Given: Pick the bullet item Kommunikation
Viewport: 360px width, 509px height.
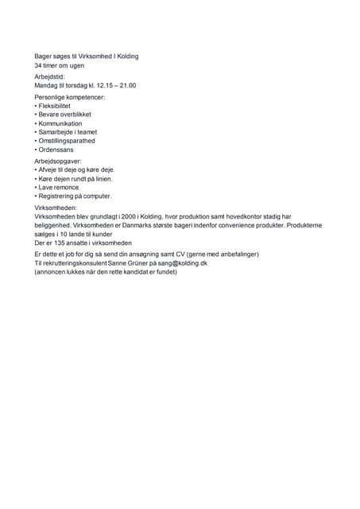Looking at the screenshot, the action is tap(60, 123).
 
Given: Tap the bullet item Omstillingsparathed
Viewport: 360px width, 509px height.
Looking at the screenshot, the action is tap(66, 141).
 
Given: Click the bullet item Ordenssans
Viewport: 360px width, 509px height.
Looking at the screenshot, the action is tap(56, 150).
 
